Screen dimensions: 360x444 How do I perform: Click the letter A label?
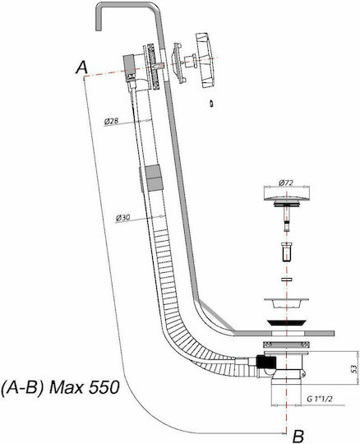point(82,68)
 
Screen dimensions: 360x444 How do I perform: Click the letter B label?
point(298,436)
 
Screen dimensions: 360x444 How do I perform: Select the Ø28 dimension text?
point(111,121)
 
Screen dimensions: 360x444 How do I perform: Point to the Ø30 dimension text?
point(123,217)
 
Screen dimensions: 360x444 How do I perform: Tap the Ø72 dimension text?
point(286,183)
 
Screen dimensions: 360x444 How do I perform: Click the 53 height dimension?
point(354,368)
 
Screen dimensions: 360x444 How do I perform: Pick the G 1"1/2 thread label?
point(320,399)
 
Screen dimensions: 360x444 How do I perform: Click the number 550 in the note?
point(104,387)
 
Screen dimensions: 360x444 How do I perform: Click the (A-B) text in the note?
point(23,387)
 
